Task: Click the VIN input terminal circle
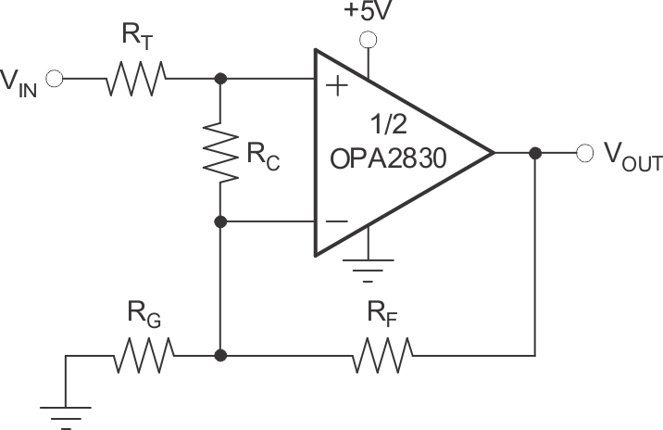[53, 80]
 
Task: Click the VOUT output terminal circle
[584, 153]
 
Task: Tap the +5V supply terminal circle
[369, 39]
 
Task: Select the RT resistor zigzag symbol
[136, 80]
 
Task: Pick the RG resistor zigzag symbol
[144, 355]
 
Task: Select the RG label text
[144, 319]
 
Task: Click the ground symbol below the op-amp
[369, 268]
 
